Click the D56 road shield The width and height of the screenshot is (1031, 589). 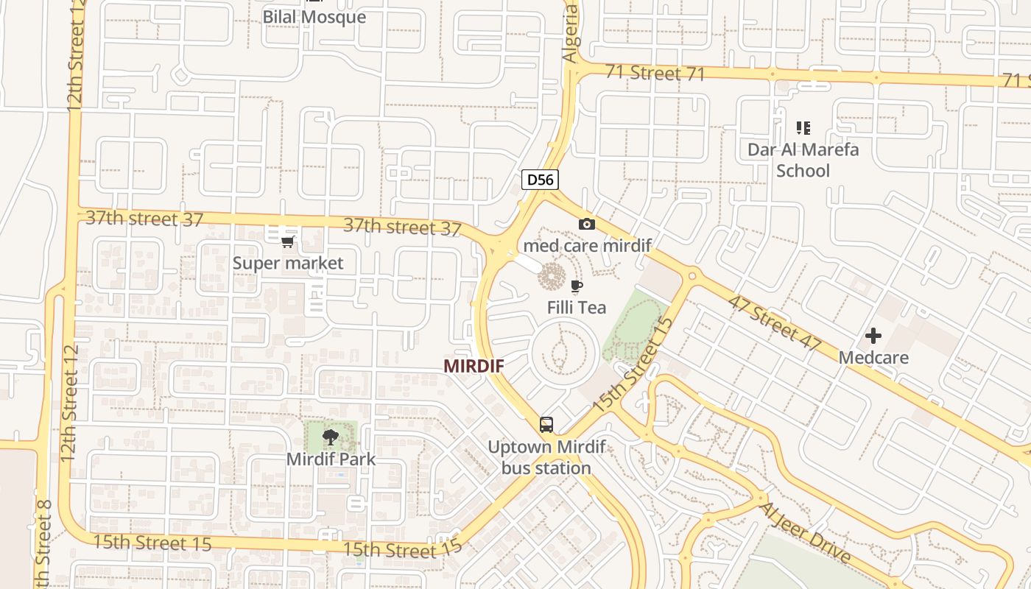pos(540,179)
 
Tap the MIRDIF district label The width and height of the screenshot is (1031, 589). pos(474,366)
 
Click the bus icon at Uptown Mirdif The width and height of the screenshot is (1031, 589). pos(546,424)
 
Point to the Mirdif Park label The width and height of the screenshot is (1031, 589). pos(331,459)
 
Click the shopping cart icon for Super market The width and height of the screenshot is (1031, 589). pos(288,241)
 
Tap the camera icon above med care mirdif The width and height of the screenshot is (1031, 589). pos(587,225)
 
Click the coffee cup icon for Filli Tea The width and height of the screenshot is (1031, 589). pos(577,286)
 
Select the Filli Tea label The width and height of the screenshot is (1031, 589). pos(577,307)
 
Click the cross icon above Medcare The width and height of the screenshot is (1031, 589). pos(873,336)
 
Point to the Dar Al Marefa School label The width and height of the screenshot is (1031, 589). pos(803,160)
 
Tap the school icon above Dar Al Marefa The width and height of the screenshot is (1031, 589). pos(803,128)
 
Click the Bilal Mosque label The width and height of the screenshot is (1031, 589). pos(314,17)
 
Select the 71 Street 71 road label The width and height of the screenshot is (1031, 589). pos(655,73)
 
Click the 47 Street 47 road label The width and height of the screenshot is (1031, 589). pos(773,321)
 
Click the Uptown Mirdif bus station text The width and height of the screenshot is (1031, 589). pos(546,457)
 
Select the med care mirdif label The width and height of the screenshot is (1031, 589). pos(587,245)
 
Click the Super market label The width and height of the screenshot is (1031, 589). pos(288,263)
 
